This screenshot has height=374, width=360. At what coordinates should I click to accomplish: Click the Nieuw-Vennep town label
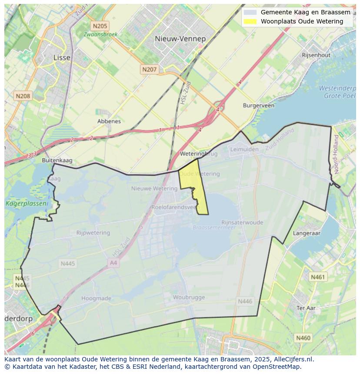[180, 39]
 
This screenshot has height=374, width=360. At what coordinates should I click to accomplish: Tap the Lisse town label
[61, 57]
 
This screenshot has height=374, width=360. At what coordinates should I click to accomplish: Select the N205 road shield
[100, 26]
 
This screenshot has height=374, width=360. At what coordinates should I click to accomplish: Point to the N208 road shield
[23, 96]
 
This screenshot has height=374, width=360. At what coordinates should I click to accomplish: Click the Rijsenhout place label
[316, 55]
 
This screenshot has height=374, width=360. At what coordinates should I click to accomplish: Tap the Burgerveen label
[258, 106]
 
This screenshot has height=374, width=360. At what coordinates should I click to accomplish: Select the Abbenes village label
[109, 121]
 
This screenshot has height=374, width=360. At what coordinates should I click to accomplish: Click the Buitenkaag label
[57, 160]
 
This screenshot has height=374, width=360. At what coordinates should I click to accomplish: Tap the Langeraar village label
[307, 233]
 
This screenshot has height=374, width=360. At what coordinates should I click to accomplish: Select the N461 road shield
[318, 277]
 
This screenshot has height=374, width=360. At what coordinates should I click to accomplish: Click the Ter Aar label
[306, 308]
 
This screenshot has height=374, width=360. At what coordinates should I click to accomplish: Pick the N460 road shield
[303, 338]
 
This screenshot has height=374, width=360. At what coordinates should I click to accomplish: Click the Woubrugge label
[189, 297]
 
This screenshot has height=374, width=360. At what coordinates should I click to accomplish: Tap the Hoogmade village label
[97, 298]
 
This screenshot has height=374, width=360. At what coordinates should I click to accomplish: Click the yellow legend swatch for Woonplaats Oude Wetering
[250, 21]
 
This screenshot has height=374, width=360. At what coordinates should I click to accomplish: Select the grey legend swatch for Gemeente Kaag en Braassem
[250, 13]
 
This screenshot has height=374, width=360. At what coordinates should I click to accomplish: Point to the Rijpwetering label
[93, 233]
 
